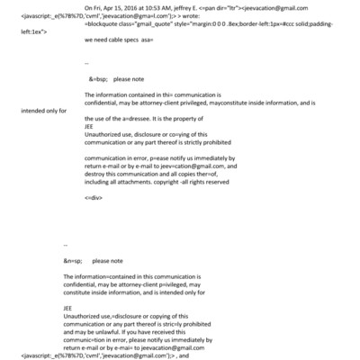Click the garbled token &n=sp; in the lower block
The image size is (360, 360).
click(74, 260)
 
